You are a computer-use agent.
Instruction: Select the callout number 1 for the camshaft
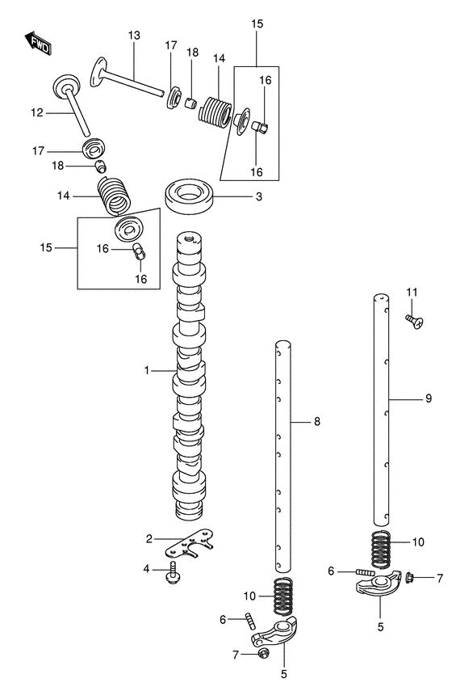point(148,370)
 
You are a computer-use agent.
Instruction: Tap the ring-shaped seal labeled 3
point(190,196)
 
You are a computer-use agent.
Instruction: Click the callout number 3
point(258,196)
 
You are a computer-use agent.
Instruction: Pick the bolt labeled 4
point(174,573)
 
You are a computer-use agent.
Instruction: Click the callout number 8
point(317,421)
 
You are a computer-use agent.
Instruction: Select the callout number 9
point(429,398)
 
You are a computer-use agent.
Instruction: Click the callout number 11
point(412,292)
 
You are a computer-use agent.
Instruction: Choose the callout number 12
point(36,113)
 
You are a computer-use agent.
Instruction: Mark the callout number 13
point(133,35)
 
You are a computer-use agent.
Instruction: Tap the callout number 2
point(149,539)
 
